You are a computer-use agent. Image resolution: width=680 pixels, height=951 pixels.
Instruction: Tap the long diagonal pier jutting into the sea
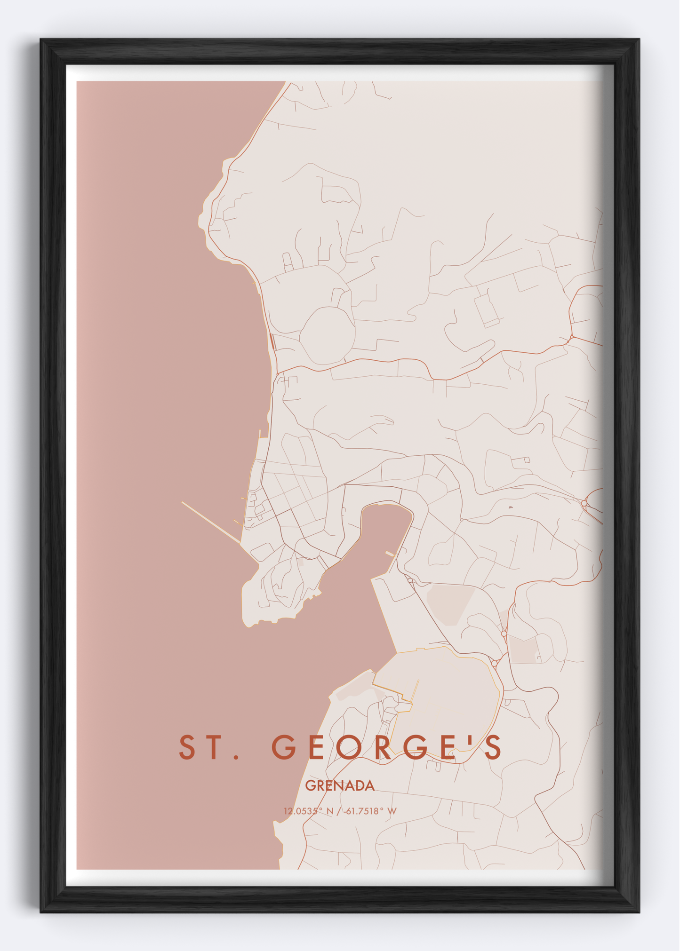(x=212, y=523)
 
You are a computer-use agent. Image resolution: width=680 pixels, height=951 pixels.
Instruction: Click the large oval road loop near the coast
(x=327, y=335)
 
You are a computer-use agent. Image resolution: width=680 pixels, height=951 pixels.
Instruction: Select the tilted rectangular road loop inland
(x=487, y=310)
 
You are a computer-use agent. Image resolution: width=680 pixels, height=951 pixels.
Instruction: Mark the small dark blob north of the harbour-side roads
(x=511, y=507)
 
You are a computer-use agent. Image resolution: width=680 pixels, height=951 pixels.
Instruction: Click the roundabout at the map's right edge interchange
(x=584, y=503)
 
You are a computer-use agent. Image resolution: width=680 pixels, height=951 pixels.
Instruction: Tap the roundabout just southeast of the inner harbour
(x=410, y=581)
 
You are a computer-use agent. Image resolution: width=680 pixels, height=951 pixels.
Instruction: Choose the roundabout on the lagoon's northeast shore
(x=494, y=663)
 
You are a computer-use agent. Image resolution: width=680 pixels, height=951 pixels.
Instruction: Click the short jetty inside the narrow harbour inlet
(x=391, y=554)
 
